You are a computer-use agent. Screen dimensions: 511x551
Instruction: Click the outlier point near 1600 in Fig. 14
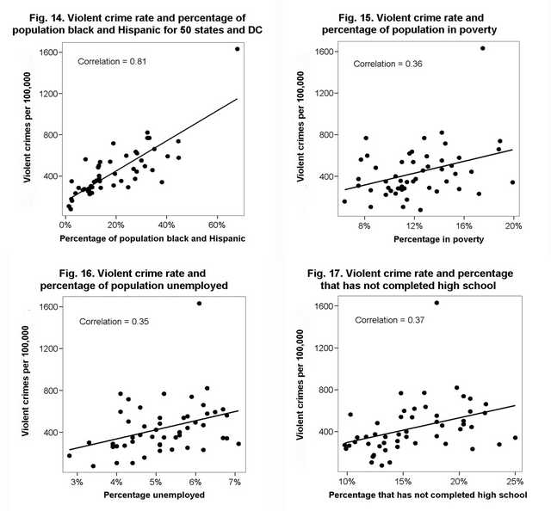[x=237, y=49]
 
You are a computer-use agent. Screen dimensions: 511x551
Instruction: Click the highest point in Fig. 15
[x=482, y=48]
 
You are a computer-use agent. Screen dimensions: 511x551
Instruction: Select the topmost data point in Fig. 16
[x=199, y=303]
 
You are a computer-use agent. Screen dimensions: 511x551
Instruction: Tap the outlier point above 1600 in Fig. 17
[x=436, y=303]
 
